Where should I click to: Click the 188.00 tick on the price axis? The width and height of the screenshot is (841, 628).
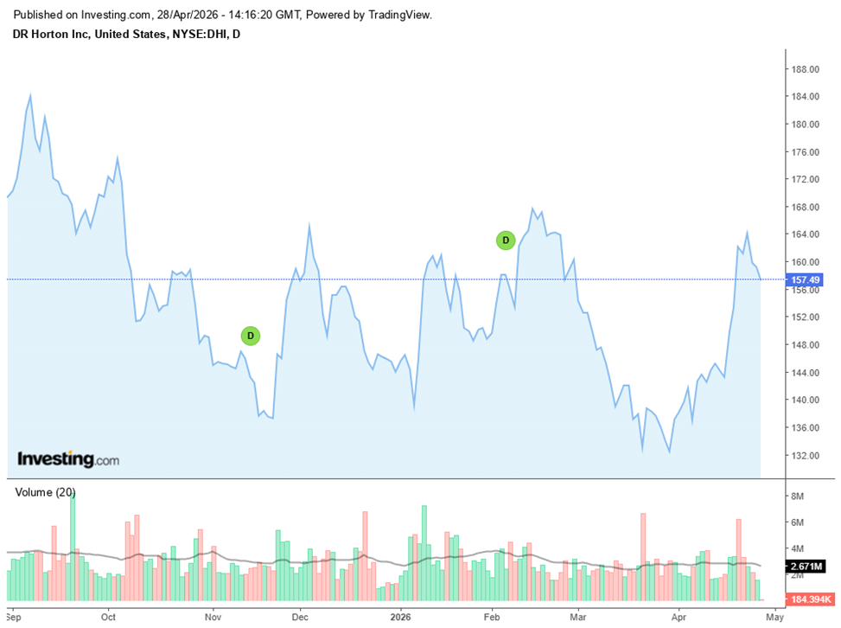[x=806, y=69]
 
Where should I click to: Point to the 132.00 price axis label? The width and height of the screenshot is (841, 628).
[x=806, y=455]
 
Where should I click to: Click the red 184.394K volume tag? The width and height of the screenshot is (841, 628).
[x=811, y=599]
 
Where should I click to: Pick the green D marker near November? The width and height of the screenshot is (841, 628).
[x=250, y=335]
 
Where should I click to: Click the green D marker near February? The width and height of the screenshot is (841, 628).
[x=506, y=240]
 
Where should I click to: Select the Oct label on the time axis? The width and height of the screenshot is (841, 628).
[x=108, y=618]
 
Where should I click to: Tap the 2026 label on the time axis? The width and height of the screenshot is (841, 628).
[x=399, y=618]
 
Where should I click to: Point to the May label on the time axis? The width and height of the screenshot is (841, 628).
[x=774, y=618]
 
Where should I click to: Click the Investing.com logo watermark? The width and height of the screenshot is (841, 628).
[x=68, y=459]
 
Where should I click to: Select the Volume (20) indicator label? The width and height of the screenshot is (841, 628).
[x=45, y=492]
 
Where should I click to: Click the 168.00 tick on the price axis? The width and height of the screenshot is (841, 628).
[x=806, y=207]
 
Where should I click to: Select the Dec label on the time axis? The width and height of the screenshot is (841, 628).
[x=300, y=618]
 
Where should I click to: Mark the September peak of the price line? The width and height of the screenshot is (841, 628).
[x=30, y=95]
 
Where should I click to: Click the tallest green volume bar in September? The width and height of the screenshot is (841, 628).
[x=73, y=545]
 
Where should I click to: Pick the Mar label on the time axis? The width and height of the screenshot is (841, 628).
[x=577, y=618]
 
